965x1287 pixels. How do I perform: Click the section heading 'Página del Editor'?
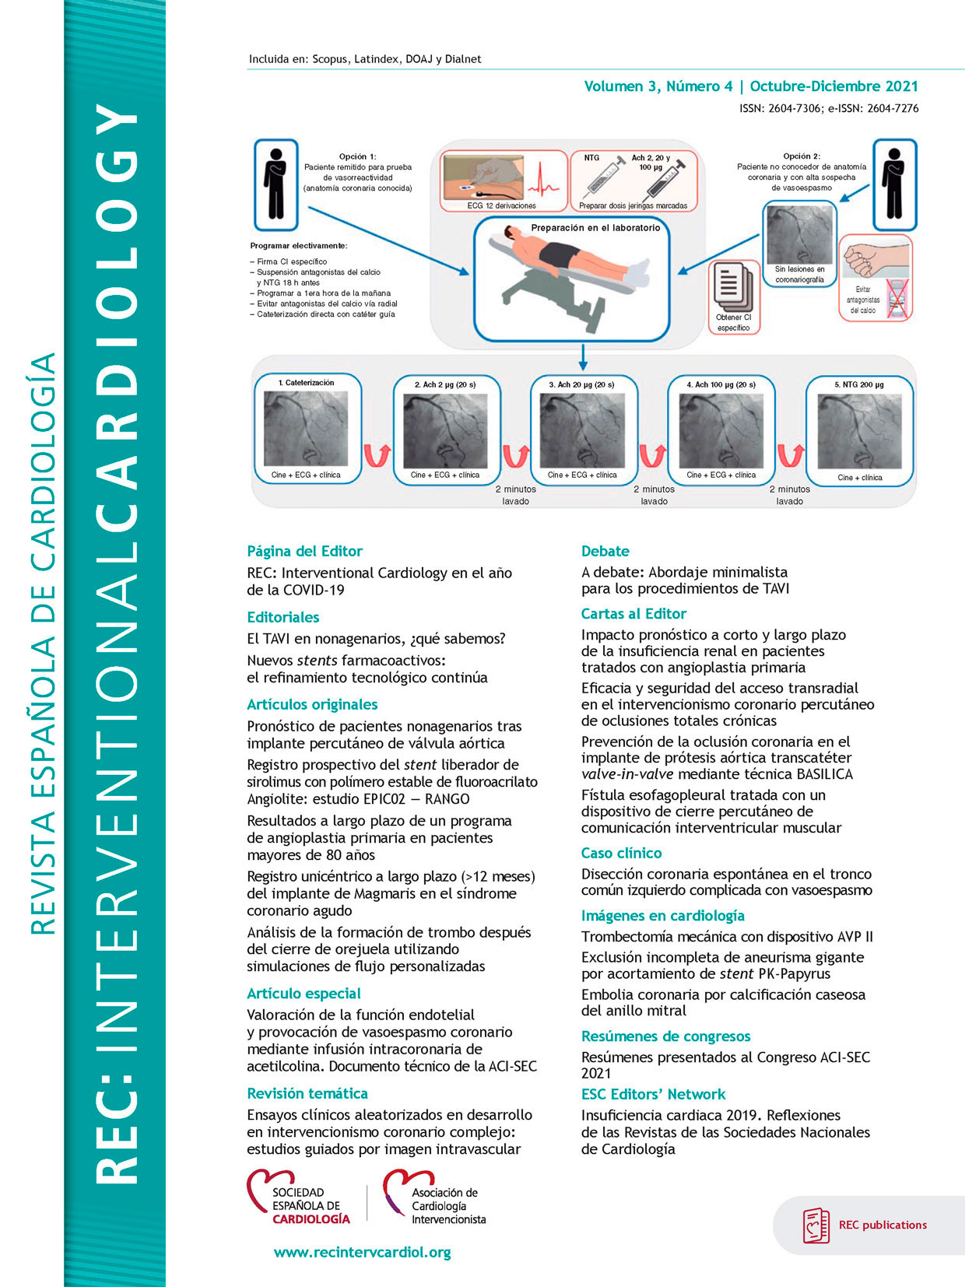coord(304,551)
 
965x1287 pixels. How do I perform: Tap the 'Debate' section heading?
coord(605,551)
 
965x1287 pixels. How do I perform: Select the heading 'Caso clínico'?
coord(621,853)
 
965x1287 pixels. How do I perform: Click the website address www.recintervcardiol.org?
coord(362,1252)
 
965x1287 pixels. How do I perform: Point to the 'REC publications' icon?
coord(816,1225)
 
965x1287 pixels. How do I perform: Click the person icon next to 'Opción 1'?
coord(275,184)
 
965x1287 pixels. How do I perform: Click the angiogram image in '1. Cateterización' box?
coord(305,429)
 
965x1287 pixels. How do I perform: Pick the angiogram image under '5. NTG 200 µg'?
coord(859,430)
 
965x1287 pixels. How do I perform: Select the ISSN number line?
coord(828,108)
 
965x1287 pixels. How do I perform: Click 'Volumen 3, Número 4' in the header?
coord(658,86)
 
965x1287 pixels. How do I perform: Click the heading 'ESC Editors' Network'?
coord(653,1094)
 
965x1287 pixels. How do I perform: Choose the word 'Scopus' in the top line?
coord(329,59)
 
